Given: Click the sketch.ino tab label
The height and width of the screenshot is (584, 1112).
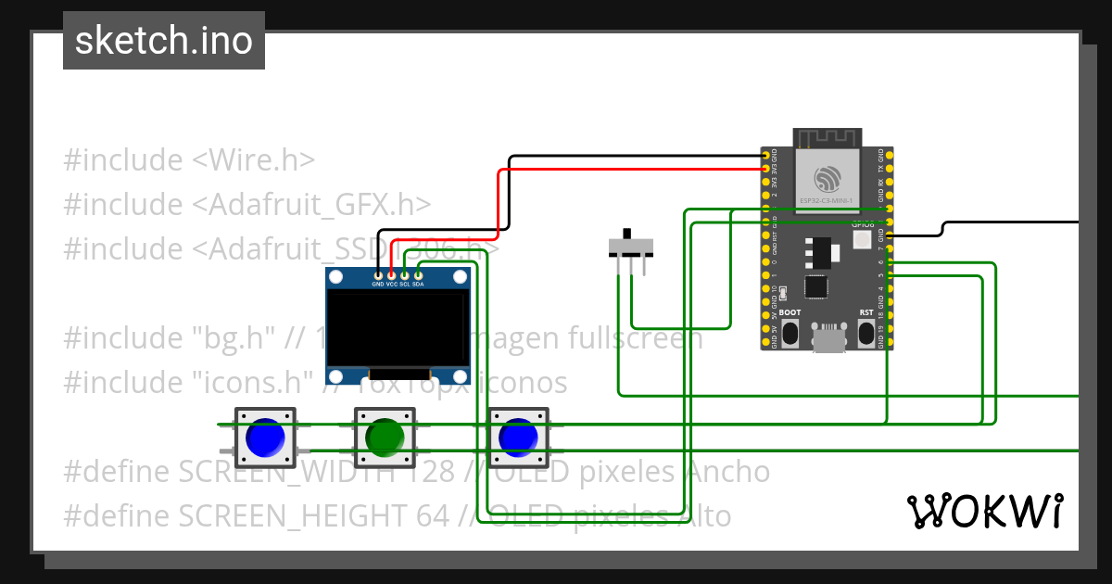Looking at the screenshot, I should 163,41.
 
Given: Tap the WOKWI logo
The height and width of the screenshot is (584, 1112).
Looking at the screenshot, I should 984,511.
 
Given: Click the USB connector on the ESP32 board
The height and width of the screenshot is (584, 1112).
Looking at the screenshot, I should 828,338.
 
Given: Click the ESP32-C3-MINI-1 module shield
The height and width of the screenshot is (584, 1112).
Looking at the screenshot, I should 828,179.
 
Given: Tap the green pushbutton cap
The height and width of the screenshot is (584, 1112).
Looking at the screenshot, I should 384,437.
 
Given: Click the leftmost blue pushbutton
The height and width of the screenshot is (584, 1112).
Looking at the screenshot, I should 265,438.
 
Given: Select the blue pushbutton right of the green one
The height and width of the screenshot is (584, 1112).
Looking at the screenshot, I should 517,438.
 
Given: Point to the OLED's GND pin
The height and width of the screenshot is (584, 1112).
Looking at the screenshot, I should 378,275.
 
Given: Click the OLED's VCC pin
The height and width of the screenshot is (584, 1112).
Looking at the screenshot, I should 391,275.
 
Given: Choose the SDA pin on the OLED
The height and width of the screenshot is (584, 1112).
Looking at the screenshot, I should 418,275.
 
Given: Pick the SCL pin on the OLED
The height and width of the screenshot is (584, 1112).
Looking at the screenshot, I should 405,275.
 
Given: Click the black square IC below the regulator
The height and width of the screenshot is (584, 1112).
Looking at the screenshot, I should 815,287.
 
